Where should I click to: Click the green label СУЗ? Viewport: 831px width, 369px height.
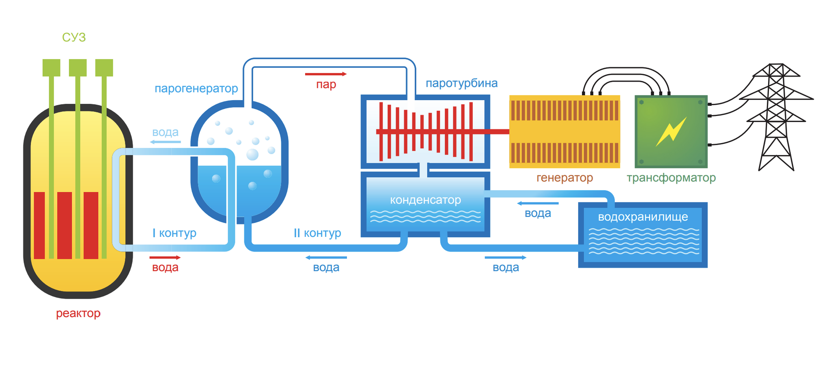74,37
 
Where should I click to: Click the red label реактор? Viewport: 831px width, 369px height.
78,313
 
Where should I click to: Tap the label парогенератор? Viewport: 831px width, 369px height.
196,88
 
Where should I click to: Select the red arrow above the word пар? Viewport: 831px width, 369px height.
326,74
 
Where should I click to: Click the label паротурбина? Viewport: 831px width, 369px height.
461,83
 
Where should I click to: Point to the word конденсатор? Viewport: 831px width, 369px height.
425,200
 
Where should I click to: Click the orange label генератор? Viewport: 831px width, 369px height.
564,178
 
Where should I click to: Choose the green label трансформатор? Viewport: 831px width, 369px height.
671,178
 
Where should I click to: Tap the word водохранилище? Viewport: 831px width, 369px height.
643,217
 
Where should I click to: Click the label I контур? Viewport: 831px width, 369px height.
174,233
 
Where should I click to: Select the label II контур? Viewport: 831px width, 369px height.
317,233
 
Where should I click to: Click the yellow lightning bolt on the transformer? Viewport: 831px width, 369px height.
671,131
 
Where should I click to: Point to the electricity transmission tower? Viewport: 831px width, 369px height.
776,118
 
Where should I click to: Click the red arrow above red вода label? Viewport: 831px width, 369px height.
165,257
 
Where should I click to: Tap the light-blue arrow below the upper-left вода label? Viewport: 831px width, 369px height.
165,142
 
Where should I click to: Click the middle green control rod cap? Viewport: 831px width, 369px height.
78,68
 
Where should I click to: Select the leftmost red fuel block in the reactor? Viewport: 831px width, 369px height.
39,225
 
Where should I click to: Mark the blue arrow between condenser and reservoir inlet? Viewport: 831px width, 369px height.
538,203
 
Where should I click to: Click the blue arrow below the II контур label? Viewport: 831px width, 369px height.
326,257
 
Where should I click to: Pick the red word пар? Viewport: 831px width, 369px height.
326,85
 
